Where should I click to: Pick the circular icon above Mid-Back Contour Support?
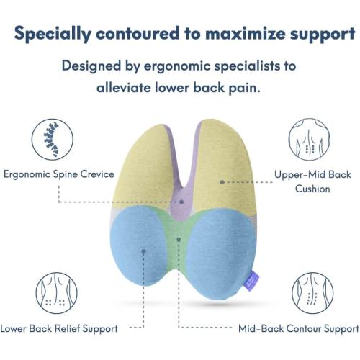pyautogui.click(x=310, y=292)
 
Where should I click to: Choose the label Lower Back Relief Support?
pyautogui.click(x=59, y=329)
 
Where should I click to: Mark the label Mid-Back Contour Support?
pyautogui.click(x=299, y=329)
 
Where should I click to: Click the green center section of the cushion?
pyautogui.click(x=181, y=238)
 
